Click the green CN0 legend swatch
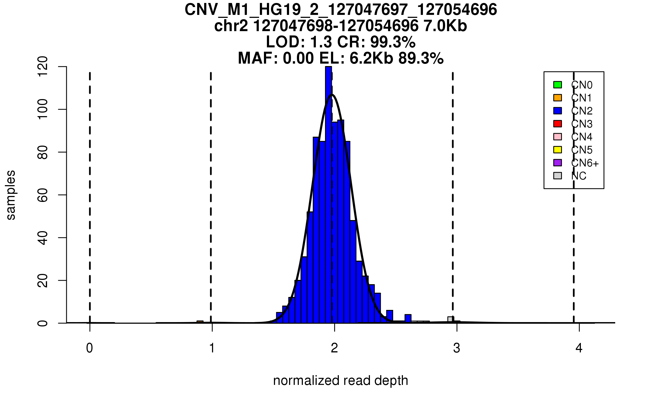coord(558,85)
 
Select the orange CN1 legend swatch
coord(558,98)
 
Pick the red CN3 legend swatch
coord(558,124)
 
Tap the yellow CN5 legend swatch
coord(558,150)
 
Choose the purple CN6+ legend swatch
coord(558,163)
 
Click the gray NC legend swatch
coord(558,176)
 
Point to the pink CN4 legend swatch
coord(558,137)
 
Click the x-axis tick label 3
coord(457,348)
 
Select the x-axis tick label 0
coord(90,348)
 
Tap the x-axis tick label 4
coord(579,348)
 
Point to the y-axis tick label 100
coord(43,109)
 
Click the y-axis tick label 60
coord(43,195)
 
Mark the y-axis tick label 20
coord(43,280)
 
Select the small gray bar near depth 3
coord(450,320)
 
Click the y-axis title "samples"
coord(11,195)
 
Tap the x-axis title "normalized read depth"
coord(340,381)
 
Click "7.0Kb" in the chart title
coord(445,26)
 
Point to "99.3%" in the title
coord(393,42)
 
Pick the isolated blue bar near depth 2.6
coord(408,319)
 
